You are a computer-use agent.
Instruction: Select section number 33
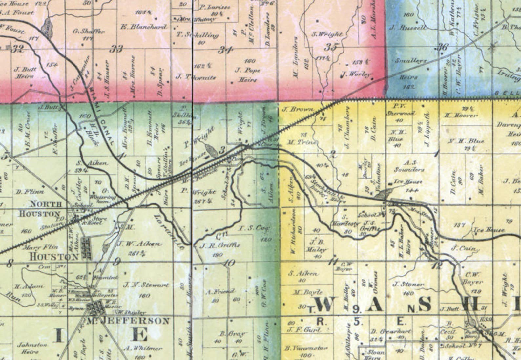pyautogui.click(x=115, y=49)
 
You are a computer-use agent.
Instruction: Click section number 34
pyautogui.click(x=226, y=50)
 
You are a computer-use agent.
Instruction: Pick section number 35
pyautogui.click(x=330, y=47)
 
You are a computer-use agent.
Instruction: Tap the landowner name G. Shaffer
pyautogui.click(x=89, y=32)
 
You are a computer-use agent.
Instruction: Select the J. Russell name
pyautogui.click(x=408, y=28)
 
